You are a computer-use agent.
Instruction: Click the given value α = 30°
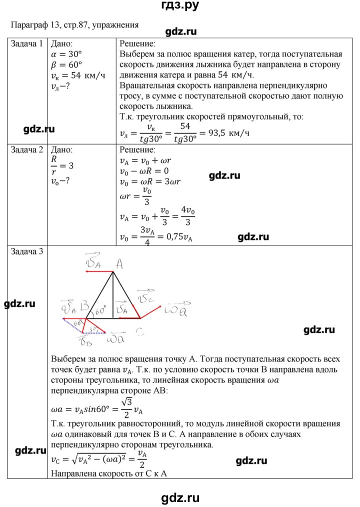tap(66, 54)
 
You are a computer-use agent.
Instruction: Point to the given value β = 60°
tap(66, 64)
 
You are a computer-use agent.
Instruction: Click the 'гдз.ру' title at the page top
tap(180, 6)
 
